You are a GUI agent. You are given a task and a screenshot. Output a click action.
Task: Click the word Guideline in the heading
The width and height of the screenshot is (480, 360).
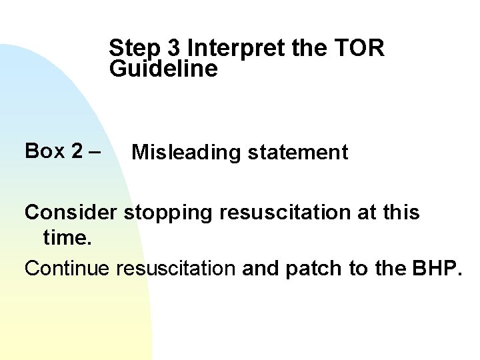164,69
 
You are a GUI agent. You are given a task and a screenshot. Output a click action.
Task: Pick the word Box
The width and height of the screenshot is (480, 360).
44,151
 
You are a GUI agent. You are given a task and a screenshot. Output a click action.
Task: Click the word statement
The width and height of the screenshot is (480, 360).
297,153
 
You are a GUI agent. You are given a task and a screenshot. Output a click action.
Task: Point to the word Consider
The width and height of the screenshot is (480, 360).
71,213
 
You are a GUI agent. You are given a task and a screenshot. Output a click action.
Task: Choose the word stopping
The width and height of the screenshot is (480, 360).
164,214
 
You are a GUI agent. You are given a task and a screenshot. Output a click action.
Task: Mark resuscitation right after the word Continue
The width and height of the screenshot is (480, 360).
177,268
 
